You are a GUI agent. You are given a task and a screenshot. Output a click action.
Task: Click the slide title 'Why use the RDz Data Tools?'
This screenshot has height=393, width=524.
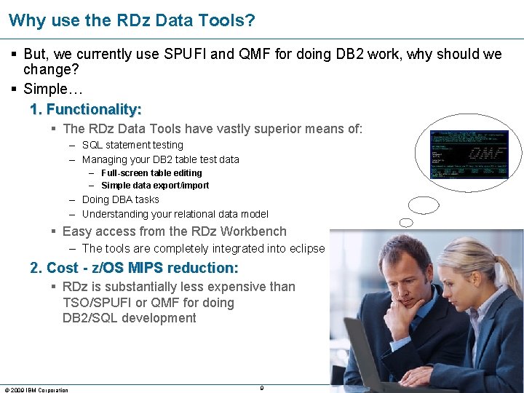point(132,20)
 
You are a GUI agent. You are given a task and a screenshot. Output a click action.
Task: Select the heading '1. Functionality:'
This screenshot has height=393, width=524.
point(86,109)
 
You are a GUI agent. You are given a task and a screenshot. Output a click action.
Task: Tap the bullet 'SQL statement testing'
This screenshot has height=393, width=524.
point(132,145)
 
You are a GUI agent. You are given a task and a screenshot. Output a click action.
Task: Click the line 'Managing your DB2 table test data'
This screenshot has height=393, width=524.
point(160,159)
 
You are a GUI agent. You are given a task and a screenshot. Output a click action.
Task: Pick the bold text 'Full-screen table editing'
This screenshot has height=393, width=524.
point(151,173)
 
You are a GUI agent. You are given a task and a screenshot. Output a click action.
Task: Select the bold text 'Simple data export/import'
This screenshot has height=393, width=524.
point(155,186)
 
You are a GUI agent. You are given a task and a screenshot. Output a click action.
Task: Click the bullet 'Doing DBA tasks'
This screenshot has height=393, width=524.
point(120,199)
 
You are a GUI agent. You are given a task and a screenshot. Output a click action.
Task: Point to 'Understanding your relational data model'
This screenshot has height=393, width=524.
point(175,214)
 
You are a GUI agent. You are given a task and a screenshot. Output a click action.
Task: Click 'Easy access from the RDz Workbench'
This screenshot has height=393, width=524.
point(175,231)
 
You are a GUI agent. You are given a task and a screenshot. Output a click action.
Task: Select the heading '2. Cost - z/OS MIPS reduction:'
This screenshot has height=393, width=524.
point(134,268)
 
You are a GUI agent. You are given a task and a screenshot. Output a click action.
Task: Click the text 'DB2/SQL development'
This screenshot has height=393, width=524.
point(130,318)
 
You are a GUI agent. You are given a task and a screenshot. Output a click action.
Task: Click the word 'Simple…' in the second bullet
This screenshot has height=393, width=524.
point(53,89)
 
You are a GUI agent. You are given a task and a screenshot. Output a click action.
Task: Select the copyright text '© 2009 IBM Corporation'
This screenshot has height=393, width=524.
point(36,389)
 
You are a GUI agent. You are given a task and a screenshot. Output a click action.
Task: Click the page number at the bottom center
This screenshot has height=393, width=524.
point(261,387)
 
